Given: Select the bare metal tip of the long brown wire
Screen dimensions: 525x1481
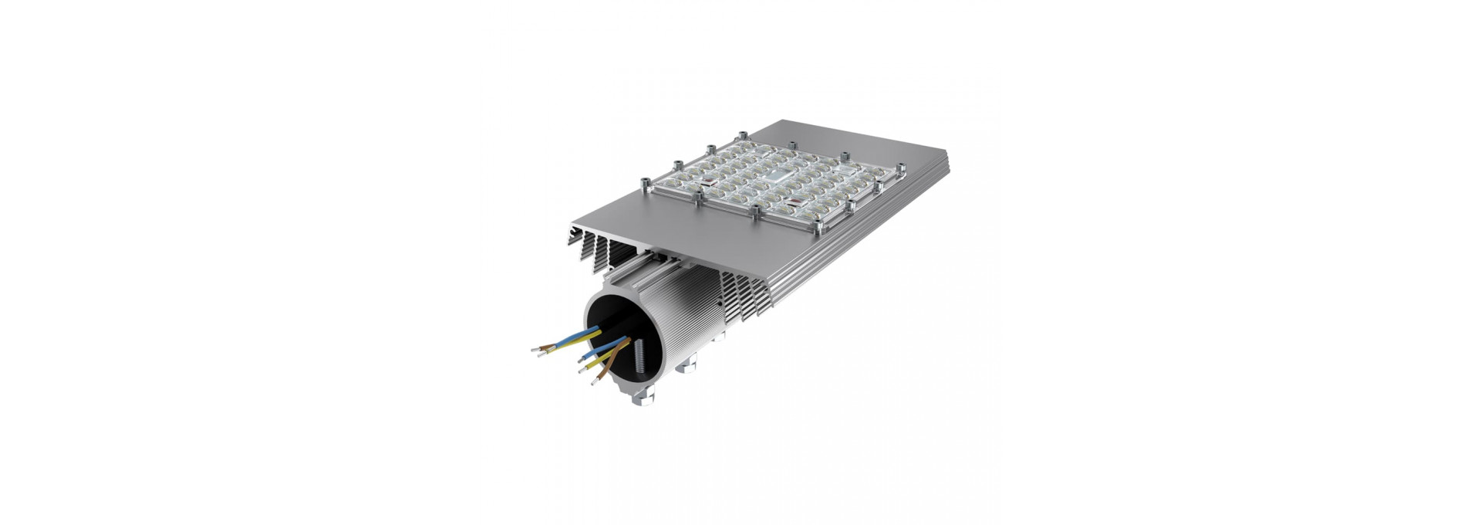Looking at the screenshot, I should (x=594, y=382).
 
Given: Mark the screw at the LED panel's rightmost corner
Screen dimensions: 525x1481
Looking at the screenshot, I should (x=901, y=167).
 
